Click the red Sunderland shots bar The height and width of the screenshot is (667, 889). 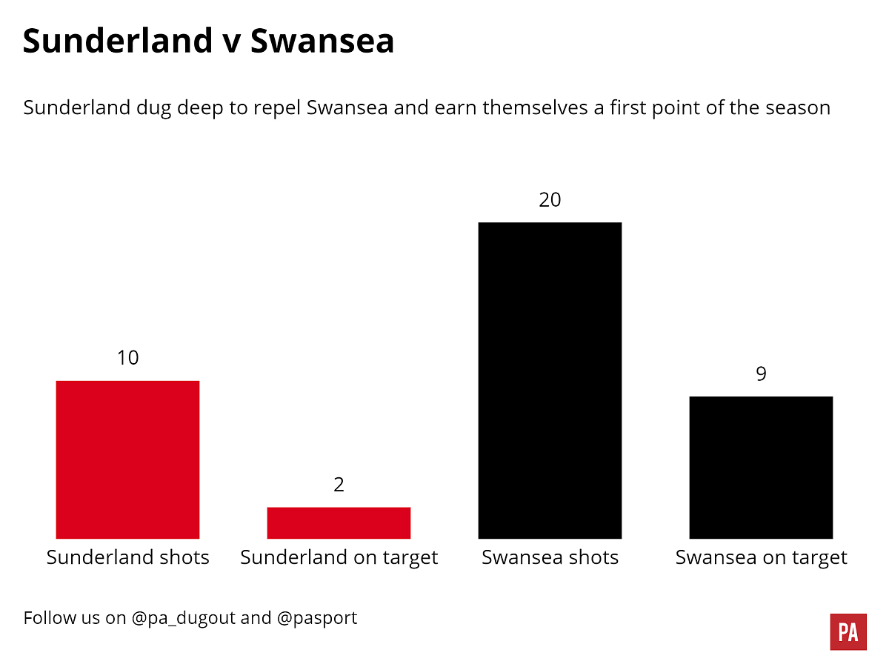pos(127,459)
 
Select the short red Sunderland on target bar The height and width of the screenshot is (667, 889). pos(339,522)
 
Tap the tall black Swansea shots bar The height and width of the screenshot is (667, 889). pos(550,380)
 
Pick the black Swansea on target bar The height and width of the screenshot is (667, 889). pos(761,467)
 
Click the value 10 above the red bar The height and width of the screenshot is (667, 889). pos(127,358)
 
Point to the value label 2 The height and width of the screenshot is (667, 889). pos(339,485)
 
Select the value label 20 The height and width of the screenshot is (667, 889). pos(550,200)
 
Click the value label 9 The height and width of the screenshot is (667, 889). pos(761,374)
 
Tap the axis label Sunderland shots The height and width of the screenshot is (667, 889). pos(127,557)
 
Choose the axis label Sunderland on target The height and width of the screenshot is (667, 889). pos(339,557)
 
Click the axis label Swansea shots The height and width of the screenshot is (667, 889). pos(550,557)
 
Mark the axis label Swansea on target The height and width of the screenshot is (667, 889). pos(761,557)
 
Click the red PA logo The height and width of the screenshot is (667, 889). pos(848,632)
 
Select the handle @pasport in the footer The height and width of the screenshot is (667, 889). pos(317,618)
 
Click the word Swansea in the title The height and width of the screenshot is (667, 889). pos(322,42)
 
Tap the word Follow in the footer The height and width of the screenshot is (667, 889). pos(48,617)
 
